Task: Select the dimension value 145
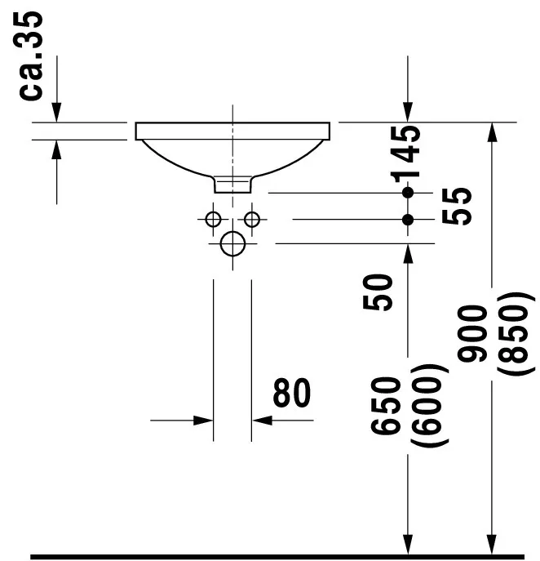[x=405, y=154]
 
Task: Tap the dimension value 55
[x=459, y=207]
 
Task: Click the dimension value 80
[x=291, y=394]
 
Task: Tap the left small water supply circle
[x=214, y=219]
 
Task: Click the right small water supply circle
[x=251, y=219]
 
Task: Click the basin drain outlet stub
[x=233, y=185]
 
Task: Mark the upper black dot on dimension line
[x=408, y=193]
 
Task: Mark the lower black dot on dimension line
[x=408, y=219]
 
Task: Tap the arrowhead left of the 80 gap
[x=204, y=421]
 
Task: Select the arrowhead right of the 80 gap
[x=261, y=421]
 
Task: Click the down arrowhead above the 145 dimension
[x=408, y=113]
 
